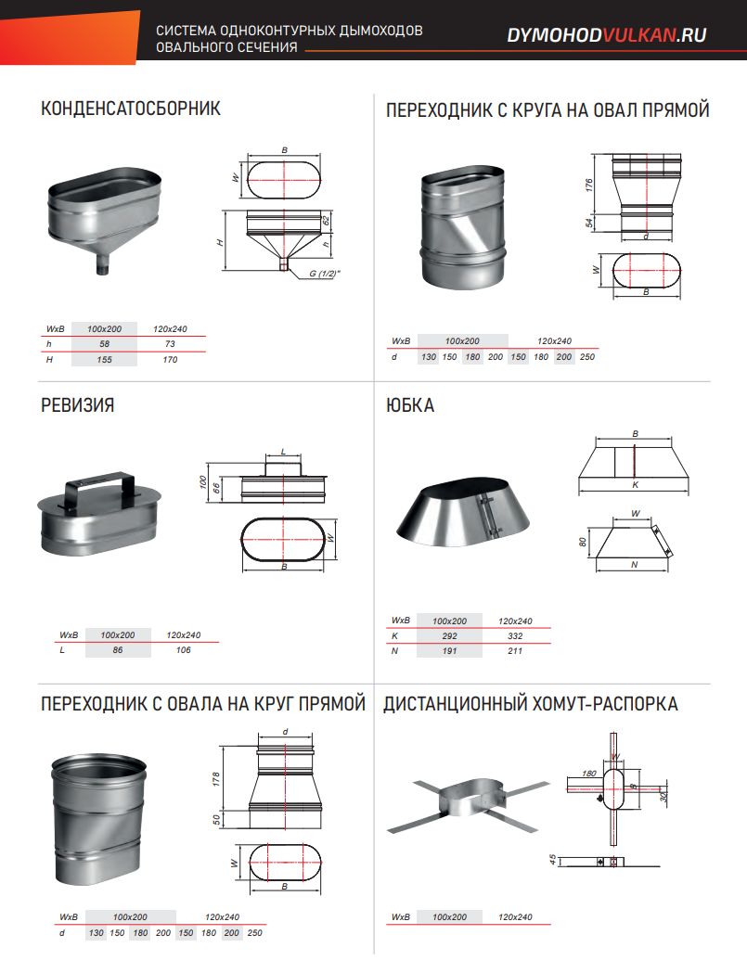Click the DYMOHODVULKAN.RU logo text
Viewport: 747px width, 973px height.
607,35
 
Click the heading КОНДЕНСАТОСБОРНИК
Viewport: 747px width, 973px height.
131,109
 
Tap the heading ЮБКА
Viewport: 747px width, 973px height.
410,405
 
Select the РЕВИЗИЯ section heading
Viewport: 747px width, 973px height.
78,405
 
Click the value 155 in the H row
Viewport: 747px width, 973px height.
104,359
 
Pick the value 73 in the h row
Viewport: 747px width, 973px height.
170,344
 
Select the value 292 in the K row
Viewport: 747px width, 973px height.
449,636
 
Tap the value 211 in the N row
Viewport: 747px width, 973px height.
515,651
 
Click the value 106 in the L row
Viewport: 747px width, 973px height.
183,649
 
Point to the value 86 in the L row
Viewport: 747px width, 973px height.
118,649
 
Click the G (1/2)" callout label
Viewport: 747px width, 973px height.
325,273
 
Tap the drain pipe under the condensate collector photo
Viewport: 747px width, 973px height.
103,262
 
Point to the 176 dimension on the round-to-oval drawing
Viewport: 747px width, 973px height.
589,185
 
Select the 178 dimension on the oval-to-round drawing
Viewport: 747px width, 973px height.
216,779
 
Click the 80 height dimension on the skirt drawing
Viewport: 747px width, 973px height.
583,542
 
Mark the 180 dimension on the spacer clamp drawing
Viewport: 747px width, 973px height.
588,774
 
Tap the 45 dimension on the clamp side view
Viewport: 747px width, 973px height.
553,860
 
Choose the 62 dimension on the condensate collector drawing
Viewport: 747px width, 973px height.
326,220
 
